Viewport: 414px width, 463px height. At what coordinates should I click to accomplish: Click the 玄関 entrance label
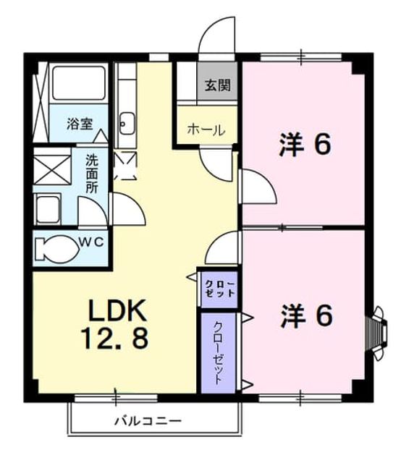pyautogui.click(x=217, y=85)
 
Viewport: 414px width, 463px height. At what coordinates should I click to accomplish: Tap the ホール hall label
pyautogui.click(x=206, y=130)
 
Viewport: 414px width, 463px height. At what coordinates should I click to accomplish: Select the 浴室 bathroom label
pyautogui.click(x=80, y=124)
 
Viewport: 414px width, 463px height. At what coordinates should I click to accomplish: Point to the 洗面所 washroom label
pyautogui.click(x=92, y=174)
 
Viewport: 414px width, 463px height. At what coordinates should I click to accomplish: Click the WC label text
pyautogui.click(x=92, y=242)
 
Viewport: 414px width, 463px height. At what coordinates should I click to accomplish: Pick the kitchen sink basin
pyautogui.click(x=127, y=123)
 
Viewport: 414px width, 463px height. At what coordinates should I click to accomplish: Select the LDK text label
pyautogui.click(x=117, y=310)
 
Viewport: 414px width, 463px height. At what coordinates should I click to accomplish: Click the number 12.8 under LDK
pyautogui.click(x=114, y=338)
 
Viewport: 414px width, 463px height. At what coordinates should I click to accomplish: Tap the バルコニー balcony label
pyautogui.click(x=148, y=420)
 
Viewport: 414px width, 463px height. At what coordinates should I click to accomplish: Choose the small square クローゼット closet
pyautogui.click(x=219, y=289)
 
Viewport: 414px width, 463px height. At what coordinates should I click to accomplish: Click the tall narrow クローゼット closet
pyautogui.click(x=219, y=353)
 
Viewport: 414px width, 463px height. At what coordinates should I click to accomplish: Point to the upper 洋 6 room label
pyautogui.click(x=305, y=145)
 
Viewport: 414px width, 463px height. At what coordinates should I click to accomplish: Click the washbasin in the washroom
pyautogui.click(x=47, y=209)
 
